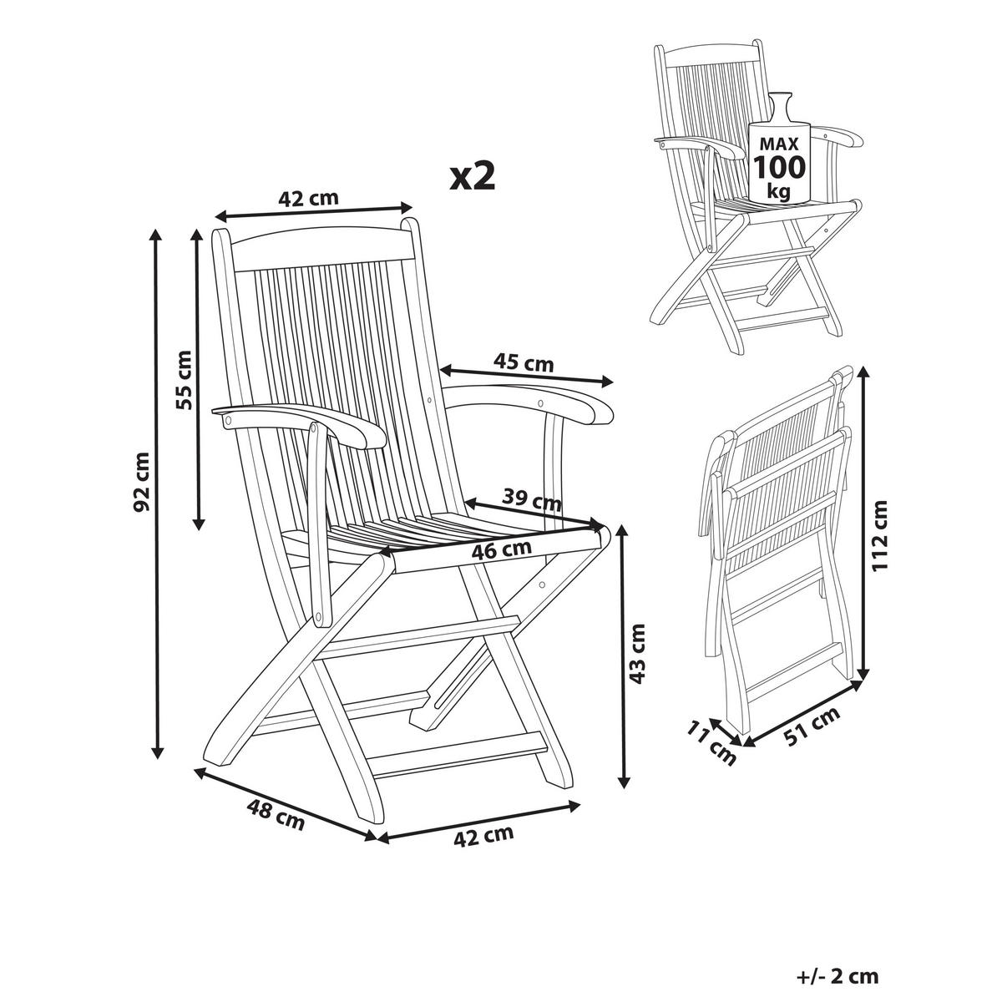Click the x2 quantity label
coord(473,176)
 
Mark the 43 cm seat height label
coord(638,653)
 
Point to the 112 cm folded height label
coord(881,535)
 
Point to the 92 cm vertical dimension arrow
coord(156,493)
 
